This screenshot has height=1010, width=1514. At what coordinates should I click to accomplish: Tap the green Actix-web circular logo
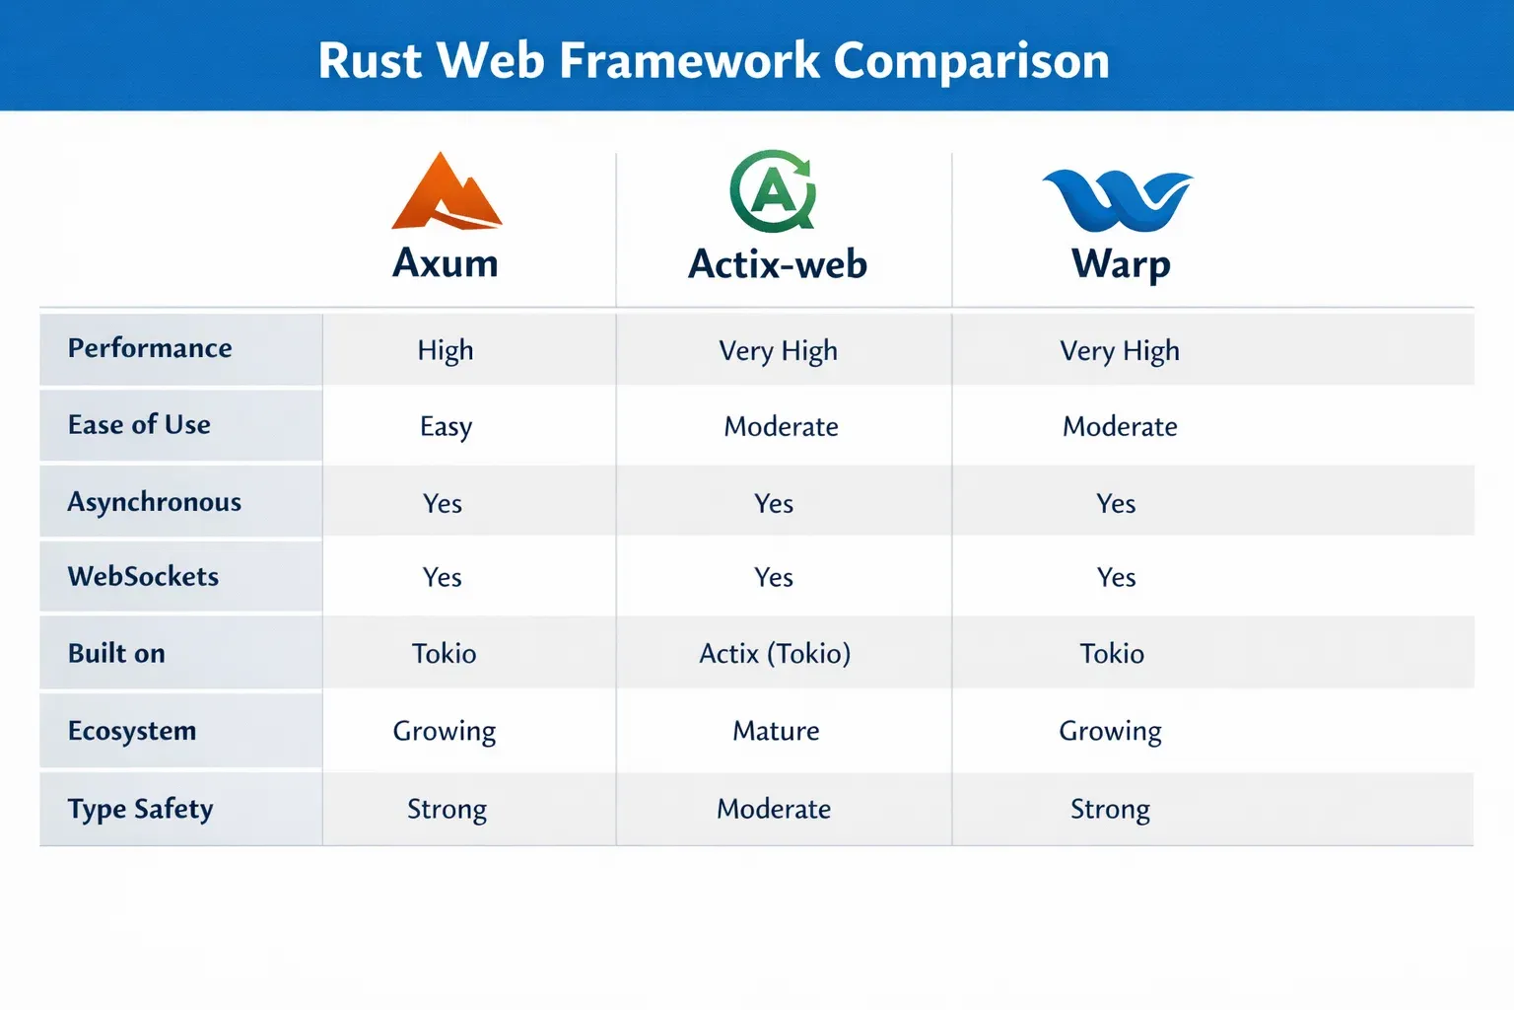click(773, 190)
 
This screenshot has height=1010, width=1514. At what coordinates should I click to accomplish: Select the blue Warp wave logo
click(1118, 200)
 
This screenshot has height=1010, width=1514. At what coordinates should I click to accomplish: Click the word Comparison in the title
click(971, 61)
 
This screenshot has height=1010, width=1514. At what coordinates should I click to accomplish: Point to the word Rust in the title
click(371, 61)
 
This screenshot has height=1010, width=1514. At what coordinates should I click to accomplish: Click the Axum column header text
click(446, 262)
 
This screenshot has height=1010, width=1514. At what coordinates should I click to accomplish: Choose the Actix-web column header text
click(778, 263)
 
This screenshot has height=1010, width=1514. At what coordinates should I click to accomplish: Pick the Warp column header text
click(1121, 265)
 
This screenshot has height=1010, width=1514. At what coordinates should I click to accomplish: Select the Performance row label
click(150, 349)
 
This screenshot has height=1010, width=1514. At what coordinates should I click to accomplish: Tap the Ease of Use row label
click(139, 425)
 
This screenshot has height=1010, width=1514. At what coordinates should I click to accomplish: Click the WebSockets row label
click(143, 576)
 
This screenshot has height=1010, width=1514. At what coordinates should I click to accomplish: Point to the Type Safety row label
click(141, 810)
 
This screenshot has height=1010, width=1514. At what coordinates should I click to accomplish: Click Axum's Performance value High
click(446, 351)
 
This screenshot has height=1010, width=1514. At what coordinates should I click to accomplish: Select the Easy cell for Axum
click(447, 427)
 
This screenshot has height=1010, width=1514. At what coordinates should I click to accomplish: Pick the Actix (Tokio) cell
click(776, 654)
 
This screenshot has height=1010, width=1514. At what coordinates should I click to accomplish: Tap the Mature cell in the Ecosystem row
click(776, 731)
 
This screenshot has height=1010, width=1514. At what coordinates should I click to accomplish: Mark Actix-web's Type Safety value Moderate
click(774, 809)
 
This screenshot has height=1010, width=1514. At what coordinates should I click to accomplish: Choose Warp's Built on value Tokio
click(1112, 654)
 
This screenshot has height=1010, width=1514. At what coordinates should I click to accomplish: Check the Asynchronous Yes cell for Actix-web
click(774, 504)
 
